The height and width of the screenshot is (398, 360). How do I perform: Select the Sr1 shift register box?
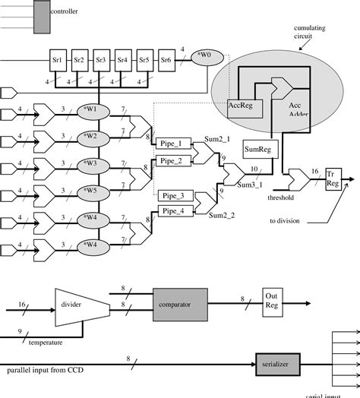pyautogui.click(x=57, y=58)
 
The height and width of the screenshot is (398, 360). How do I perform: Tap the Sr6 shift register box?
pyautogui.click(x=166, y=58)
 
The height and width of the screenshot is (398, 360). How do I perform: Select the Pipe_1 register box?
pyautogui.click(x=171, y=142)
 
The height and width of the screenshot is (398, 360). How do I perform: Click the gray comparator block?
pyautogui.click(x=182, y=304)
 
